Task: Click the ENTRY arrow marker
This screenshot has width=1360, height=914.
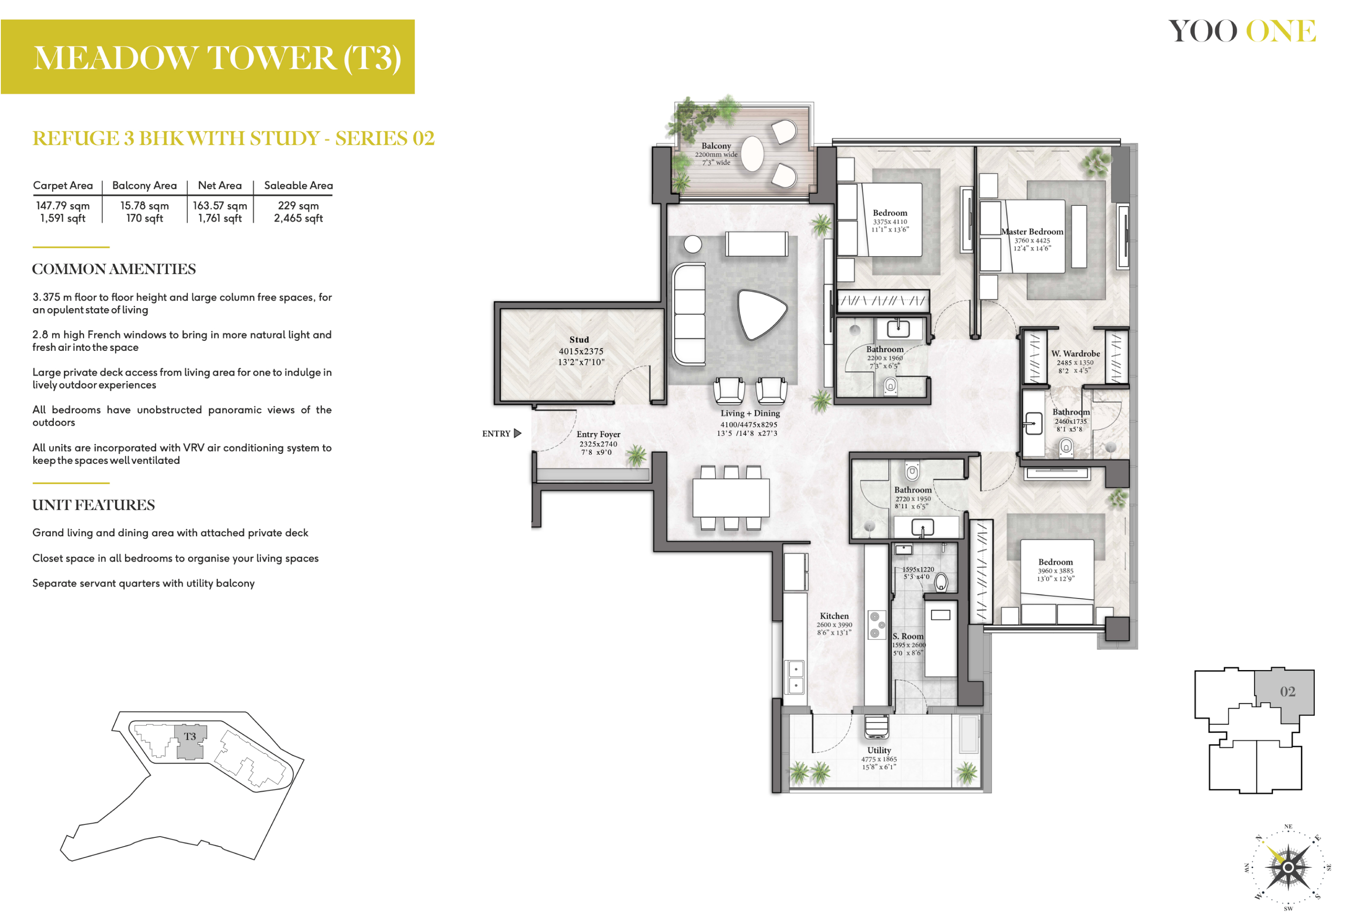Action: click(517, 433)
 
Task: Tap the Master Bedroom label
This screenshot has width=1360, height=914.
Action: click(1032, 232)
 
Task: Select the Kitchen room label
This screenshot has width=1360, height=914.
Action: click(834, 615)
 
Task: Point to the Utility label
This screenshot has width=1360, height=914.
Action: click(879, 750)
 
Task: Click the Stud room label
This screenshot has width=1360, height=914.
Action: click(579, 339)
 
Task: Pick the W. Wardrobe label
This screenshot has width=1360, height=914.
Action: click(1075, 353)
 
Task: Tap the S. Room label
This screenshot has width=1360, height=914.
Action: click(908, 636)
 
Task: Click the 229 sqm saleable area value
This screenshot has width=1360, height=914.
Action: click(298, 205)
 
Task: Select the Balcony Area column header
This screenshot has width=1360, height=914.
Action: click(144, 186)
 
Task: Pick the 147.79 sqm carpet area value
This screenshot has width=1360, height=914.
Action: click(63, 205)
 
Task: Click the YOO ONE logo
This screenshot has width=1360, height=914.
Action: click(1242, 31)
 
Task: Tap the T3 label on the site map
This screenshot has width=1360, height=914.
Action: click(190, 736)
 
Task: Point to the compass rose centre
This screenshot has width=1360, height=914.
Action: click(1288, 867)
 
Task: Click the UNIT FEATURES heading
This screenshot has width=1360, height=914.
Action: click(93, 505)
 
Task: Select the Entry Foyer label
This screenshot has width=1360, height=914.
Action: click(598, 434)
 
